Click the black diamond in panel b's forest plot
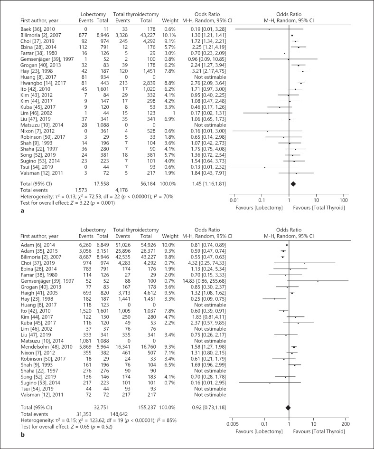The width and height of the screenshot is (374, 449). [287, 407]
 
